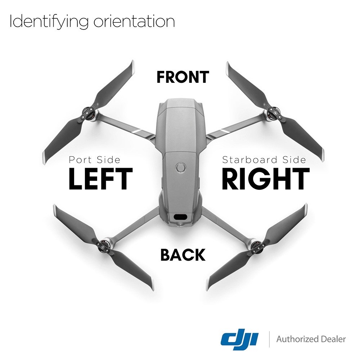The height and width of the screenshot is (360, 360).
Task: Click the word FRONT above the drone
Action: (x=183, y=77)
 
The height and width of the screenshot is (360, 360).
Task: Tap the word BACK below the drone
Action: (x=183, y=255)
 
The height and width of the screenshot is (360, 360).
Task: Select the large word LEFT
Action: (x=100, y=179)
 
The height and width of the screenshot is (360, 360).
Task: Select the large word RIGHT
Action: (x=266, y=179)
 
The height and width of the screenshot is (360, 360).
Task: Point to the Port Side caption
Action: (x=94, y=160)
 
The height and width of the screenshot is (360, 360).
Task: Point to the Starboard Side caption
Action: (x=264, y=160)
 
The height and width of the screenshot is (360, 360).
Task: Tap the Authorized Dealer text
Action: (x=311, y=339)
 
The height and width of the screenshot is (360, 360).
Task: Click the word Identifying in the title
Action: (x=49, y=22)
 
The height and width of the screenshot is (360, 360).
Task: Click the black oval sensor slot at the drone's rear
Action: (x=180, y=217)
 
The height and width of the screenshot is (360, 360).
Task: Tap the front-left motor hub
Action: (x=89, y=113)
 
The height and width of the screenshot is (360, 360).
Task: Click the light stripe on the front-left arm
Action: (x=137, y=132)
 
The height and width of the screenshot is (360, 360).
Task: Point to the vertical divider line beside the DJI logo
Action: (x=269, y=339)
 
